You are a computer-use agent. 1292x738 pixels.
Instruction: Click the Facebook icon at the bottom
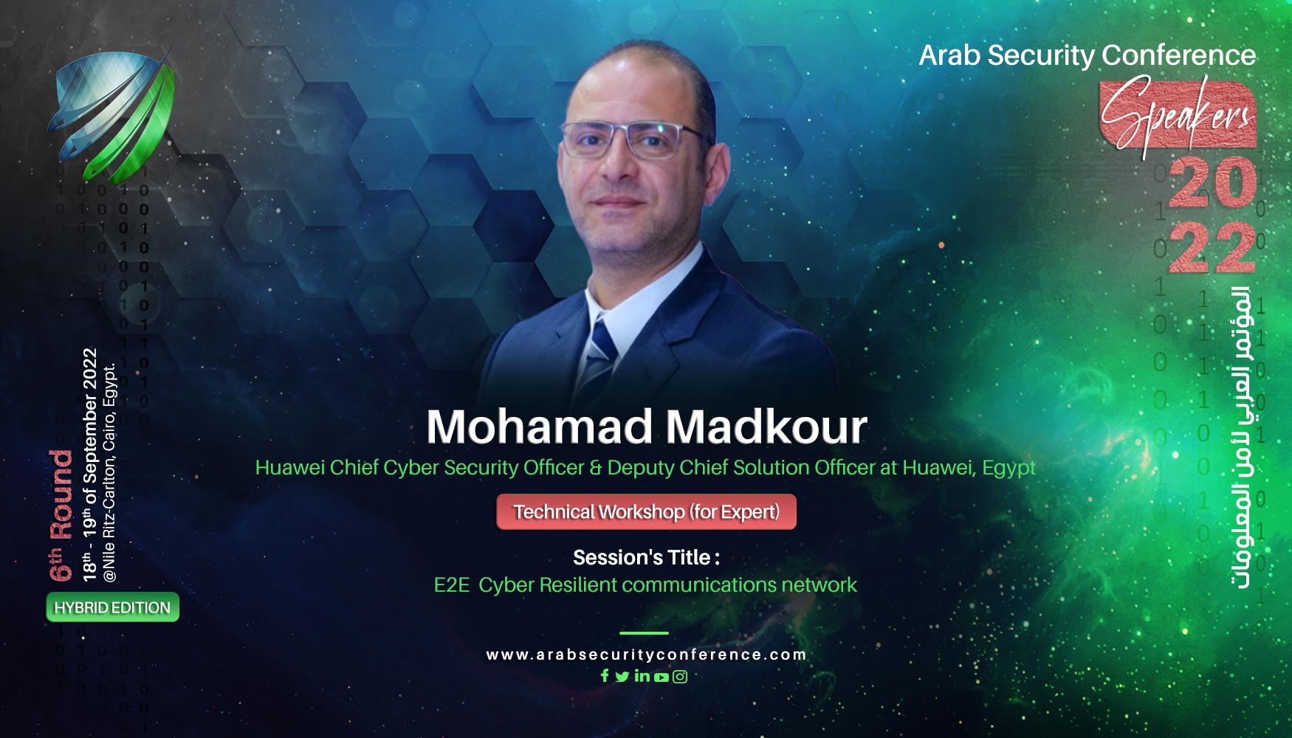point(605,675)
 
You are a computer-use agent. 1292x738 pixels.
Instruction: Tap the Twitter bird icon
point(622,676)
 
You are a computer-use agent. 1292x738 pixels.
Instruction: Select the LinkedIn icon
point(642,675)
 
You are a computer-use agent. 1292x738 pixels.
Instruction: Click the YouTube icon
point(661,677)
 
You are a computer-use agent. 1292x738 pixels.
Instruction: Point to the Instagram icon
point(680,676)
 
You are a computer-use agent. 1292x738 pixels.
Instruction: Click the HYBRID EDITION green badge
point(112,607)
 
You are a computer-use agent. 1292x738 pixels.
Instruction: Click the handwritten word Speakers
point(1177,114)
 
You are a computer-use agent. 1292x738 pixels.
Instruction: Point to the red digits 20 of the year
point(1212,183)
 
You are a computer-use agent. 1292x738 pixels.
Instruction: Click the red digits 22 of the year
point(1212,247)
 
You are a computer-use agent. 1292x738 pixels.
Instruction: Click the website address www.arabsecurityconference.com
point(646,655)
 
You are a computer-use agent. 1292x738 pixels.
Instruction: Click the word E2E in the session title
point(451,585)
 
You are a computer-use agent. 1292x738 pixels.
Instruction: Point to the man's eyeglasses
point(631,140)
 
